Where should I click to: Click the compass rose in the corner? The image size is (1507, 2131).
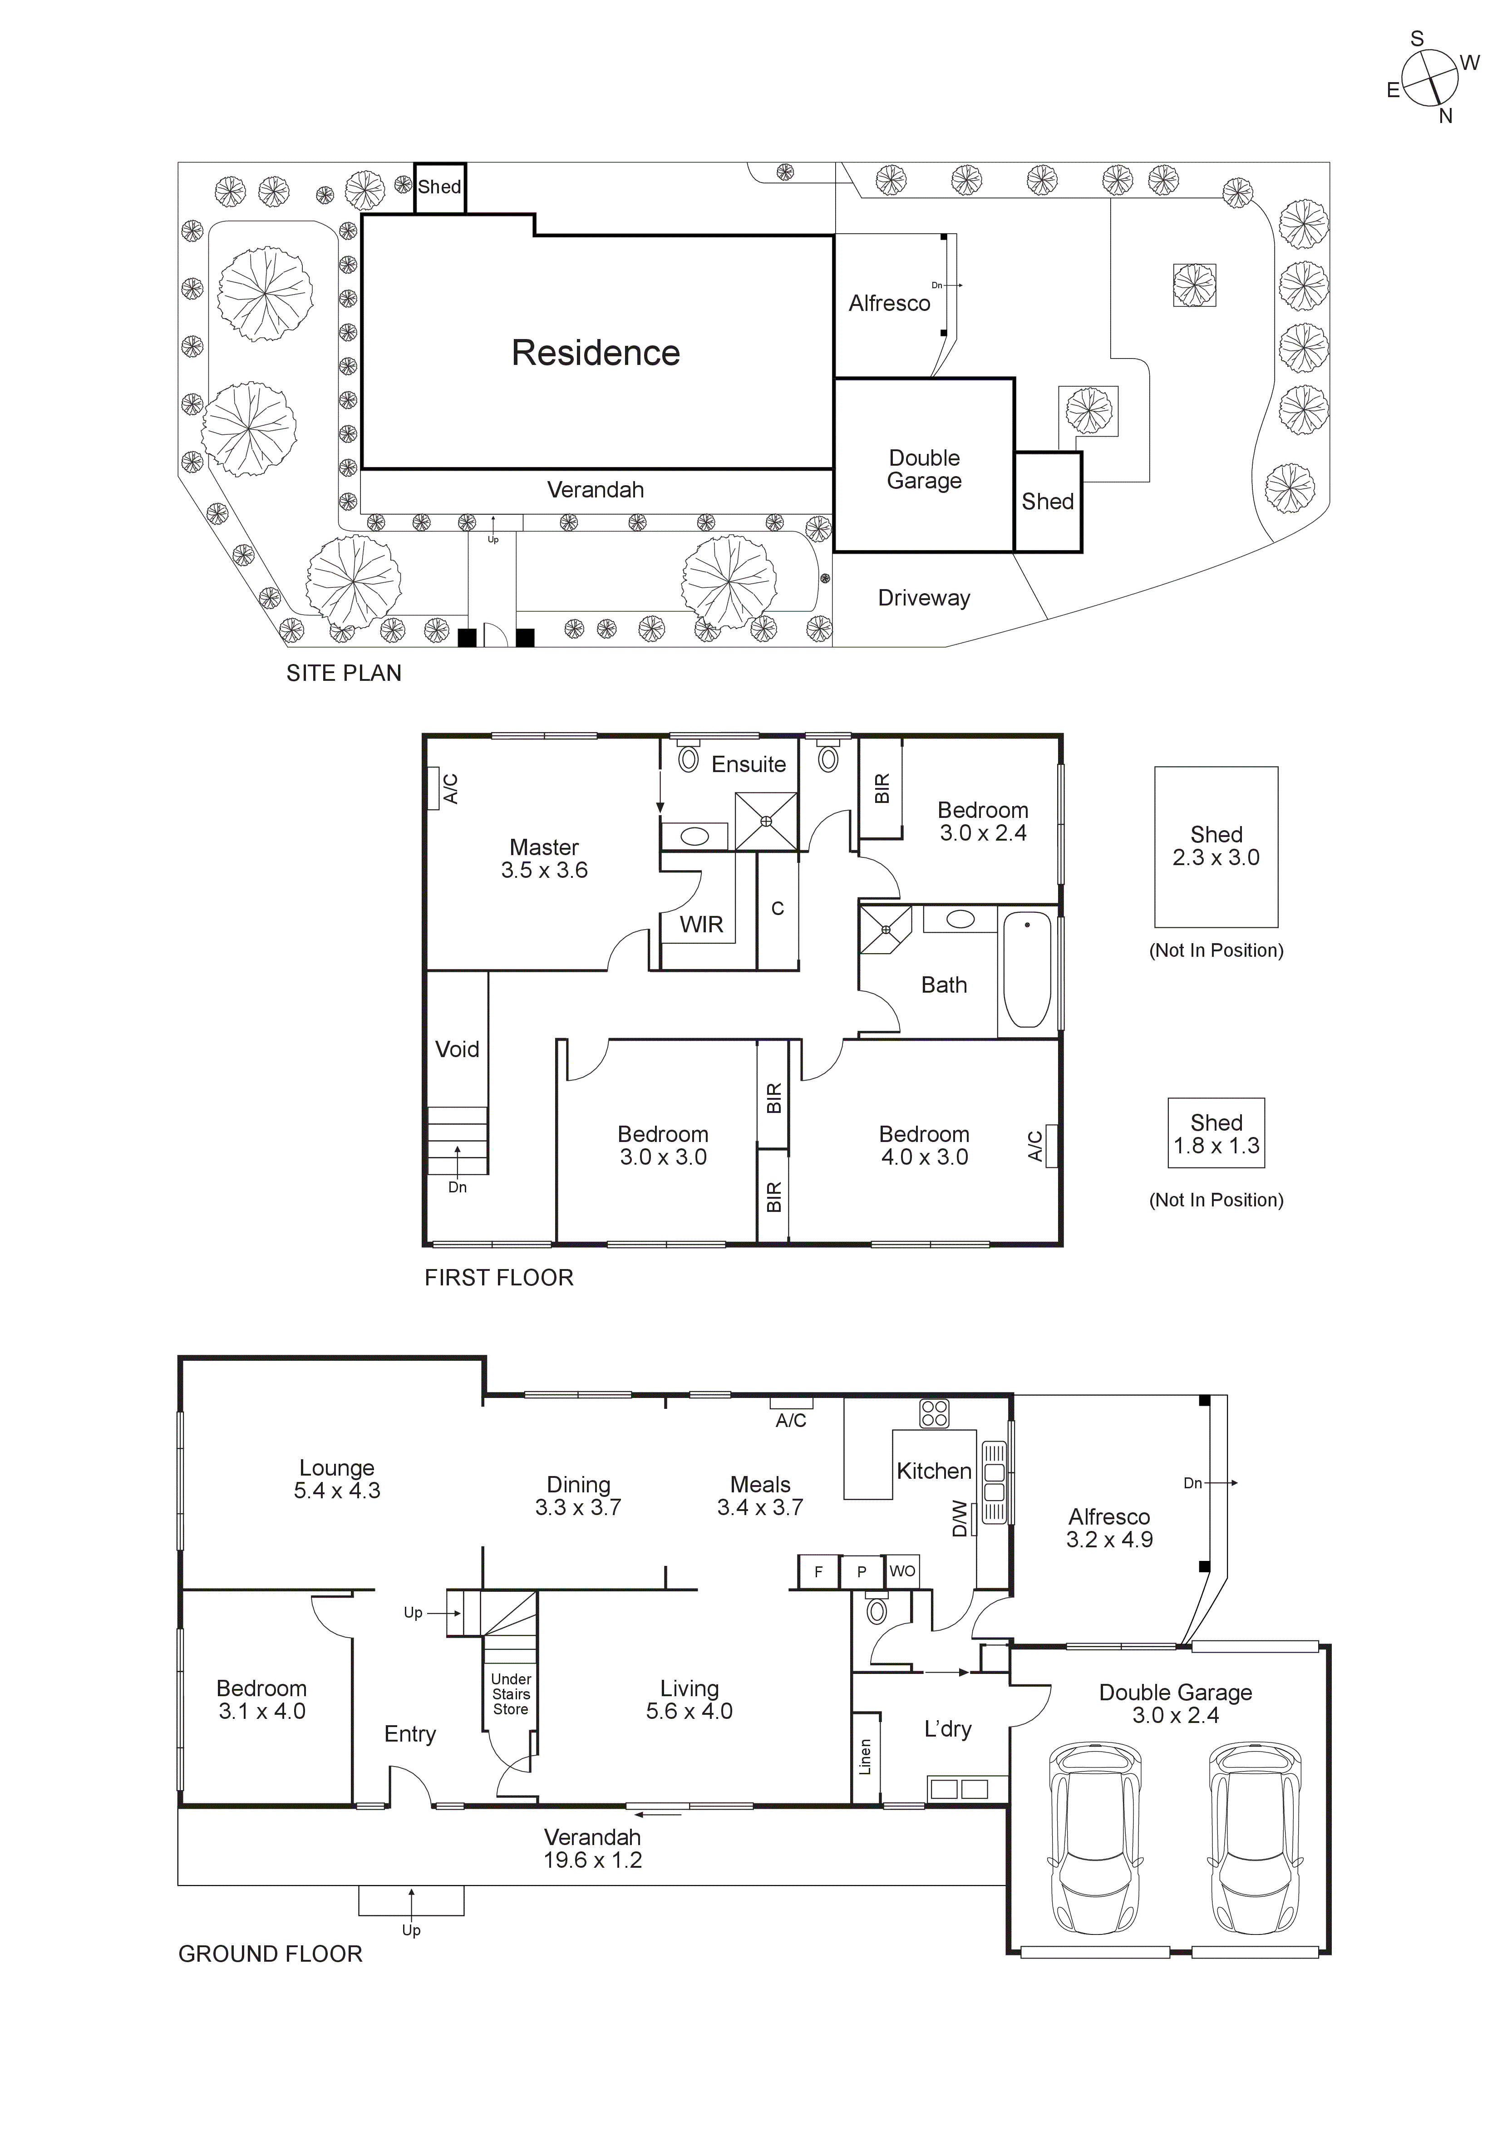[1429, 78]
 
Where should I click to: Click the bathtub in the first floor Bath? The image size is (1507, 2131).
[1027, 970]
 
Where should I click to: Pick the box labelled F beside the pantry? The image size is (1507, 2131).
[818, 1571]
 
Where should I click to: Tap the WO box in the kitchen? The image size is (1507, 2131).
[902, 1571]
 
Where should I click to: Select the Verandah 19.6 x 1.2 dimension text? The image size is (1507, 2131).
[592, 1860]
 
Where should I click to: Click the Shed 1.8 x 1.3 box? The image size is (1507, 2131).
[1216, 1133]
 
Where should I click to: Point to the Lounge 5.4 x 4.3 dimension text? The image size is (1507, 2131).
[337, 1491]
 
